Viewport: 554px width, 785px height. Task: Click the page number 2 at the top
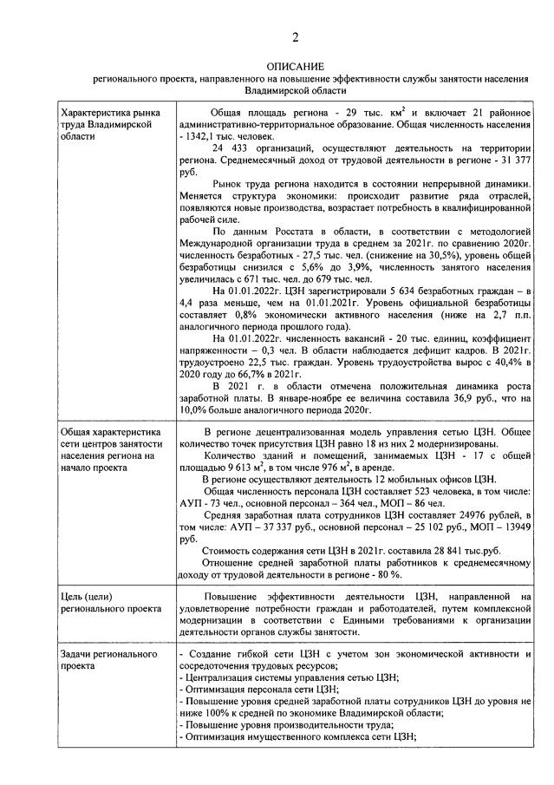coord(295,36)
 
